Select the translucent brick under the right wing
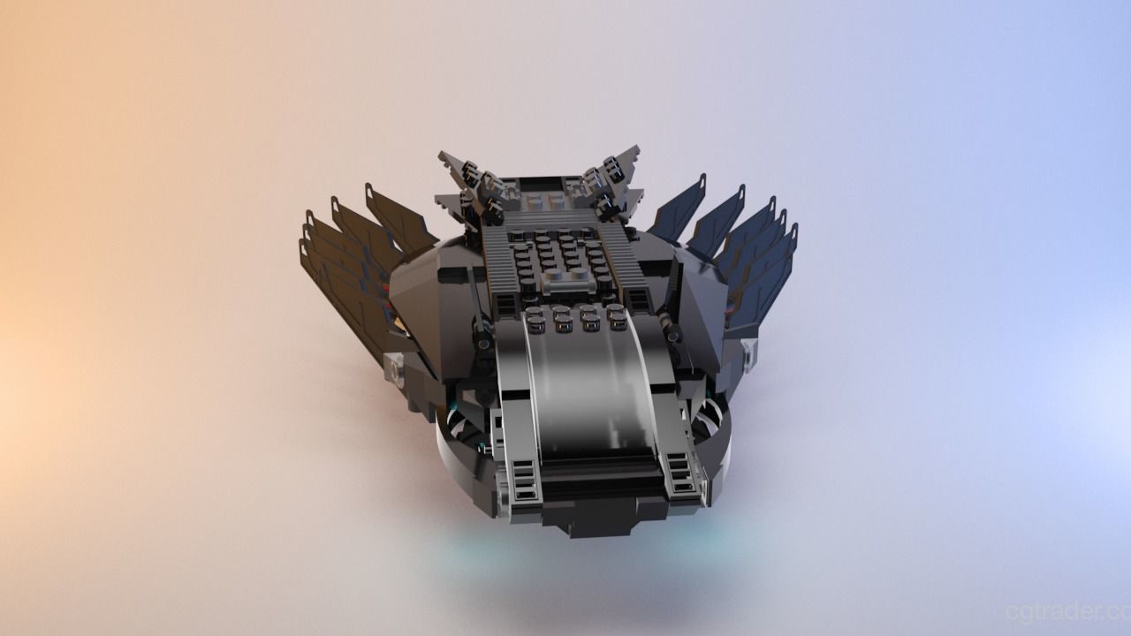tap(749, 353)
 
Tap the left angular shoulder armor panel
tap(420, 300)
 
